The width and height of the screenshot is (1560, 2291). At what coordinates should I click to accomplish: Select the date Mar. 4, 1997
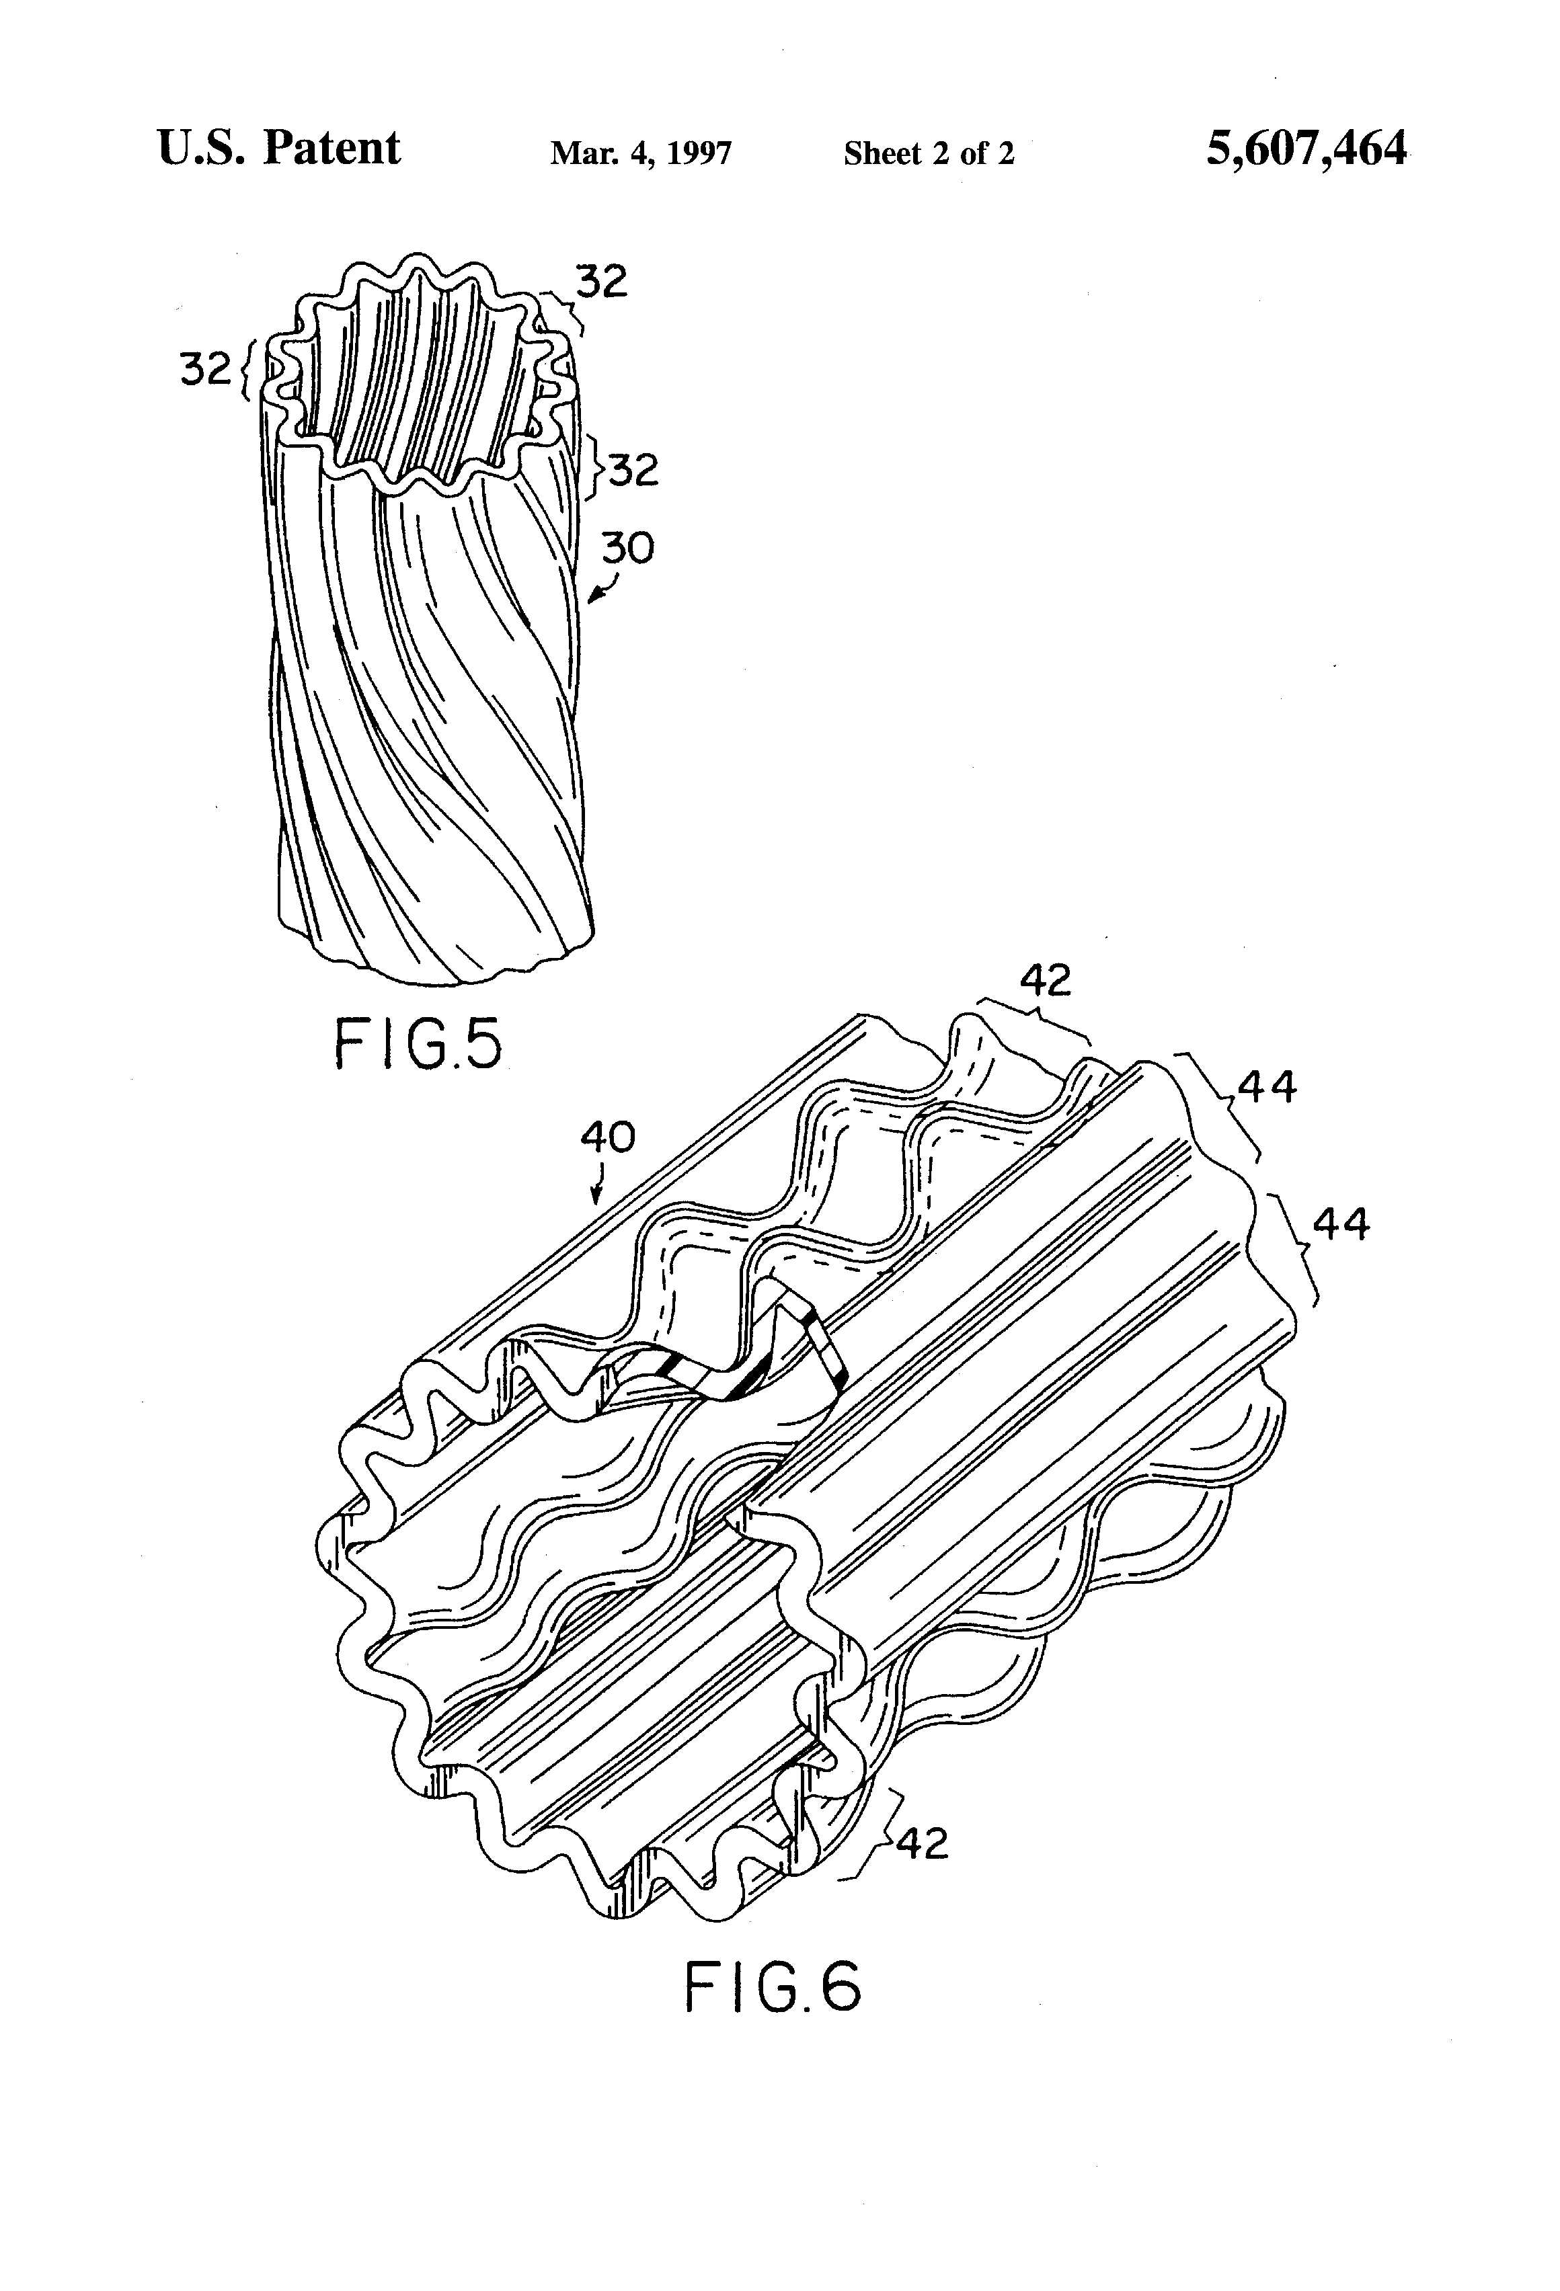point(641,154)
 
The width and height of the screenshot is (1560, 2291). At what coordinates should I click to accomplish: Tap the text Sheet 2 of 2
point(928,154)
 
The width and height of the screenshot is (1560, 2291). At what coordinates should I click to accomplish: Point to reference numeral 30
point(627,548)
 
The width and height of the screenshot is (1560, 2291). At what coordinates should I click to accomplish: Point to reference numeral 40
point(607,1137)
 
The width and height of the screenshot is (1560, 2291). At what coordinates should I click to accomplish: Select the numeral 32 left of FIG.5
point(205,370)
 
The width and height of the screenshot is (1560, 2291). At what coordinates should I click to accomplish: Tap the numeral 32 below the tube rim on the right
point(632,470)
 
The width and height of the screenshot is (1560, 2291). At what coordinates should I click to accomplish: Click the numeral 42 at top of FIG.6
point(1045,980)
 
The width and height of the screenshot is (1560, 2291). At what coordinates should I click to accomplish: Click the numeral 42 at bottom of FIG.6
point(923,1843)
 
